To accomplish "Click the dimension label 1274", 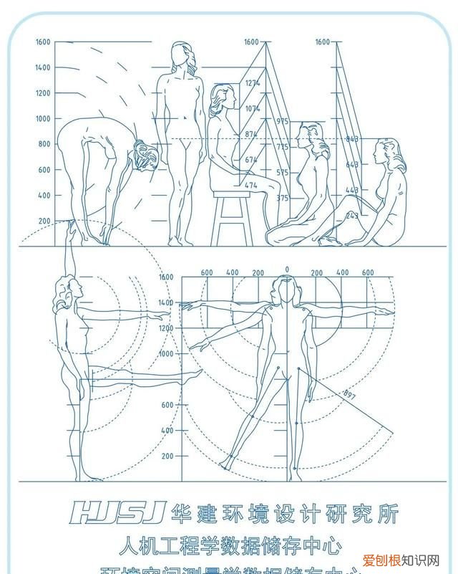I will pos(251,84).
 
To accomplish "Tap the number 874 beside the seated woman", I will pos(251,135).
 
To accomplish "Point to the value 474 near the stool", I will pos(251,186).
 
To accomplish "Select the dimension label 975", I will pos(282,122).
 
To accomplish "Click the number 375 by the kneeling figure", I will pos(282,198).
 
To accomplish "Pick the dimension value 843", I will pos(352,140).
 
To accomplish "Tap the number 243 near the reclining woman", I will pos(352,216).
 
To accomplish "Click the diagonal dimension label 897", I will pos(350,394).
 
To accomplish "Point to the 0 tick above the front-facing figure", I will pos(287,270).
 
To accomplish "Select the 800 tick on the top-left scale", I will pos(44,144).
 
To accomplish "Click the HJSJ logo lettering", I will pos(119,512).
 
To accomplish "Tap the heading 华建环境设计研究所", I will pos(283,512).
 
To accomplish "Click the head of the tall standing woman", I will pos(183,56).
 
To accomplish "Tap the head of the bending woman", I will pos(145,156).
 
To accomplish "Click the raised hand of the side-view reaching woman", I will pos(71,230).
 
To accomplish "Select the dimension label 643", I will pos(352,165).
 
